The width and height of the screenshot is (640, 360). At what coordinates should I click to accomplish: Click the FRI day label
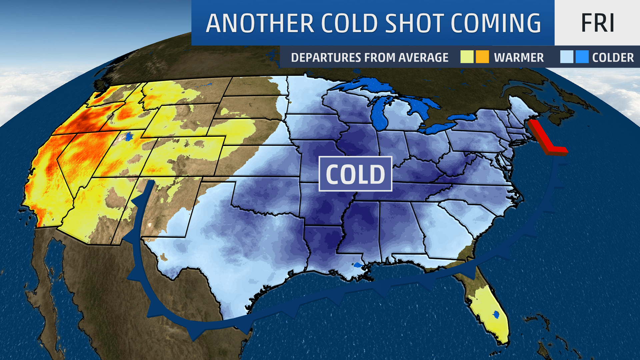[597, 23]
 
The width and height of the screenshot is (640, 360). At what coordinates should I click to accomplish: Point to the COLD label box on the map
[355, 174]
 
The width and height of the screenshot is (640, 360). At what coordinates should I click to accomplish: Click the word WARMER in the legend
[519, 58]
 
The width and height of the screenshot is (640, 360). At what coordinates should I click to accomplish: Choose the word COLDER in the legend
[613, 58]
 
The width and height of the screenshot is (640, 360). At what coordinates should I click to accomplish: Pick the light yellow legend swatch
[467, 57]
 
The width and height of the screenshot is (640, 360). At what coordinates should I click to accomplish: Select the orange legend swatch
[482, 57]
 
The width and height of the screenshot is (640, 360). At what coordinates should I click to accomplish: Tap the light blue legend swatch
[566, 57]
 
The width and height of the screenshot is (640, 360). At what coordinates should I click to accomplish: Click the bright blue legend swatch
[582, 57]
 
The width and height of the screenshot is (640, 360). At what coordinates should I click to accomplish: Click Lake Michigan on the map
[380, 113]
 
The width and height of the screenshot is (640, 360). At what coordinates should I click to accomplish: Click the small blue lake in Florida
[496, 314]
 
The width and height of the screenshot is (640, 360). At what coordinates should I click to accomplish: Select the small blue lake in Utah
[129, 136]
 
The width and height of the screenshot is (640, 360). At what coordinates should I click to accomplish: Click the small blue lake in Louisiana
[358, 265]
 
